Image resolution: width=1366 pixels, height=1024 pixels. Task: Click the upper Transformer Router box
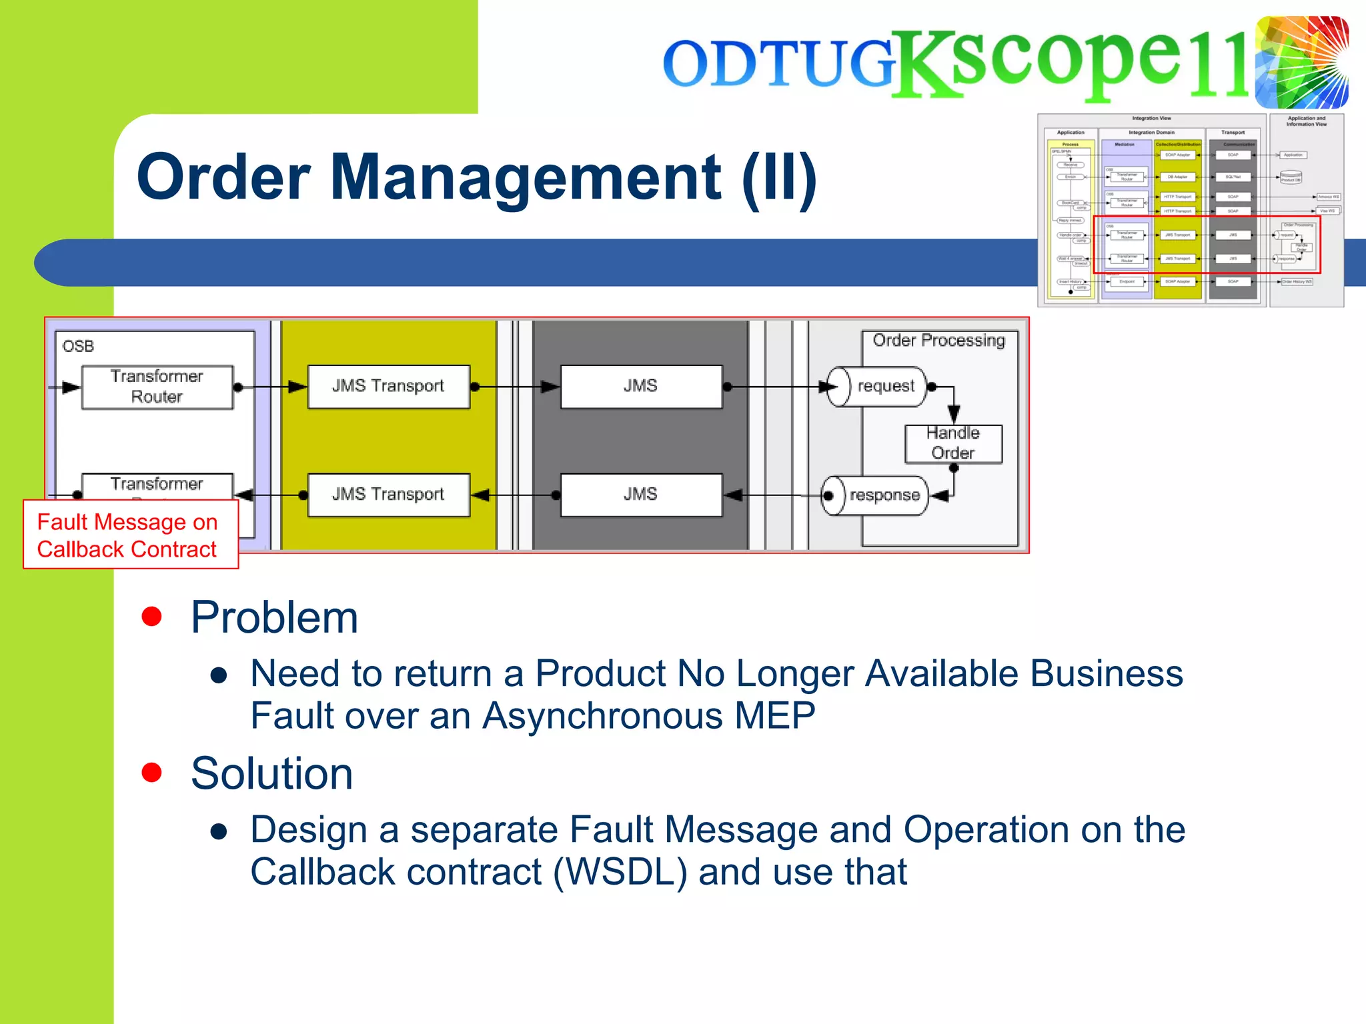click(x=157, y=387)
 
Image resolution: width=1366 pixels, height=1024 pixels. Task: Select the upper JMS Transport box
click(x=388, y=386)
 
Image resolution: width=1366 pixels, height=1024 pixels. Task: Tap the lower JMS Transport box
click(x=388, y=495)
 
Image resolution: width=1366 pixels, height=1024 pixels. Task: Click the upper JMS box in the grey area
click(x=640, y=386)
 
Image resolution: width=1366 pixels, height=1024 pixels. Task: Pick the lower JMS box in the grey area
click(x=640, y=495)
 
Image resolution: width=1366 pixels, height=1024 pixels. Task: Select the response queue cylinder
click(x=874, y=495)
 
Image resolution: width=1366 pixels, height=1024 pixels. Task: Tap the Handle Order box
click(x=953, y=443)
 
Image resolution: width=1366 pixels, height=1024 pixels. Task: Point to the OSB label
click(x=78, y=346)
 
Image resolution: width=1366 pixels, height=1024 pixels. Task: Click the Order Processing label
click(x=938, y=341)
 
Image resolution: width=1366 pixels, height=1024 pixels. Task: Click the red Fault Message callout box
click(x=130, y=535)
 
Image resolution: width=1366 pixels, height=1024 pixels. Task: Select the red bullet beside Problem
click(x=152, y=617)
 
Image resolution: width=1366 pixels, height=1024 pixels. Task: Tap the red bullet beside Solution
click(x=152, y=772)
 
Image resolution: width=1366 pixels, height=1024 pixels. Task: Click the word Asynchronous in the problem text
click(x=602, y=716)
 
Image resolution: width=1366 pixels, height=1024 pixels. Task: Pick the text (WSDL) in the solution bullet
click(x=620, y=872)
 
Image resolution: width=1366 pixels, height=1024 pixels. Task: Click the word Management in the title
click(x=525, y=177)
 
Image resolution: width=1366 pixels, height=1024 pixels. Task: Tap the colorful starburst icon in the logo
click(x=1301, y=62)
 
